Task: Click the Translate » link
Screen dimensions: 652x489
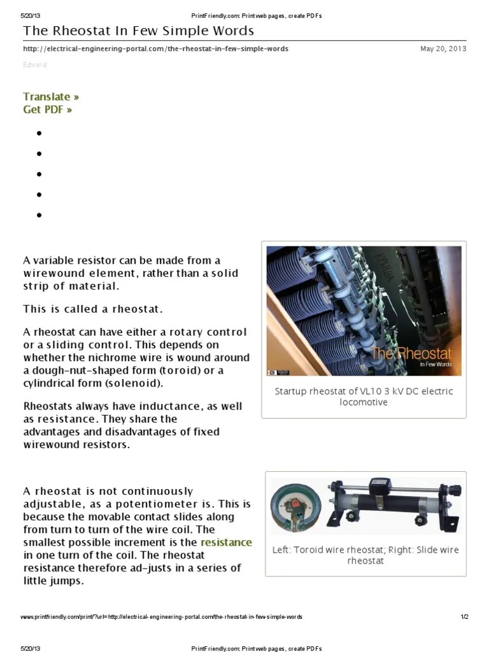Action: [x=51, y=97]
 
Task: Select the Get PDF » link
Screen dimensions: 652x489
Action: [x=47, y=110]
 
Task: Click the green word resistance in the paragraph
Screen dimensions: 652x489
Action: [x=226, y=542]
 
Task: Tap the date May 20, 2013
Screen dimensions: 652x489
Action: [x=443, y=49]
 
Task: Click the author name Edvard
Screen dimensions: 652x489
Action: [x=34, y=65]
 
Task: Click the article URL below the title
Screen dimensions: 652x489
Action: [x=155, y=49]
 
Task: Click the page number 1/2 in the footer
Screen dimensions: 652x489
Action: [x=464, y=617]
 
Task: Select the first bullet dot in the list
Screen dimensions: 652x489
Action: [x=39, y=133]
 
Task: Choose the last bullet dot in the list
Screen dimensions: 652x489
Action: [x=39, y=215]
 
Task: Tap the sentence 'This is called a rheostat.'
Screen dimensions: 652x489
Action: [x=93, y=309]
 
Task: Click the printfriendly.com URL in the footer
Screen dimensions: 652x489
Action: [x=161, y=617]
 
